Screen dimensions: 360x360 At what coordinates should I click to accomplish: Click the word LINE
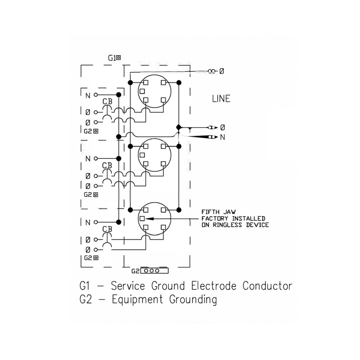pos(221,99)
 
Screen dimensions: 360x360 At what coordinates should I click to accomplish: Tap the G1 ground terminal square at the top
pos(118,58)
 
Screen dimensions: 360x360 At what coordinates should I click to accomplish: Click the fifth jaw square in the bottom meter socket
pos(142,218)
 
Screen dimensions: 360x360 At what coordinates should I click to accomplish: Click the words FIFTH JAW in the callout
pos(219,212)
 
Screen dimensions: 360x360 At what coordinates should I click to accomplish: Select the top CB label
pos(107,101)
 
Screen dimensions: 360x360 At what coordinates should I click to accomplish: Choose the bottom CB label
pos(107,229)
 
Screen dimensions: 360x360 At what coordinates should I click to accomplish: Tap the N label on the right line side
pos(223,137)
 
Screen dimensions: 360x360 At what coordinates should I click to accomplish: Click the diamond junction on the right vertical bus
pos(179,127)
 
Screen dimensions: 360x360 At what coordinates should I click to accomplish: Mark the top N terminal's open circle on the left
pos(96,95)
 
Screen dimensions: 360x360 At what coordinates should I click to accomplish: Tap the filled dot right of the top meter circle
pos(179,82)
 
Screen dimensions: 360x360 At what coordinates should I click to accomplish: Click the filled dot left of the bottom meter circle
pos(130,210)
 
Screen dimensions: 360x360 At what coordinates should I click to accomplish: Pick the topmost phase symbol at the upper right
pos(222,71)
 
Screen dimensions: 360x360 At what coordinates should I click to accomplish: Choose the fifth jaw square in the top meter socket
pos(142,91)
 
